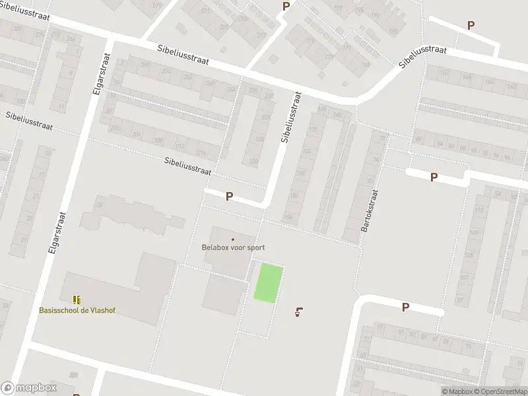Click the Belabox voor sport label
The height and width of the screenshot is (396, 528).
click(233, 248)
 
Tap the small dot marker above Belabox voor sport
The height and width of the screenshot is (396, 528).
click(232, 240)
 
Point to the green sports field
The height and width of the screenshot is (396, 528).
click(269, 283)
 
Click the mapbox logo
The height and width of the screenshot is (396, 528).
click(29, 388)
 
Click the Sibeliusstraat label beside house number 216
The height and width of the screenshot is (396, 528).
click(187, 165)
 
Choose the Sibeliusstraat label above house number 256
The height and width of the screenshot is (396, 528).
click(183, 55)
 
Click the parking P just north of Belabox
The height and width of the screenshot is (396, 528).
click(229, 196)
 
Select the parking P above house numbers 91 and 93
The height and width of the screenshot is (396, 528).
click(405, 307)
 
